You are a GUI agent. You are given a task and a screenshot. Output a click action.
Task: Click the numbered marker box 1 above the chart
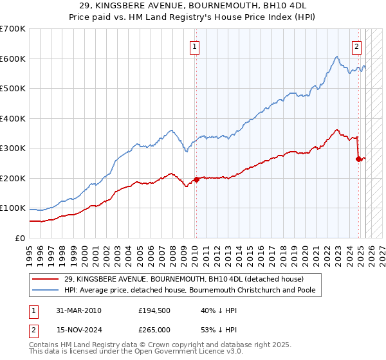[194, 46]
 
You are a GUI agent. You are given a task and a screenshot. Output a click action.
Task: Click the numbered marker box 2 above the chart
[356, 46]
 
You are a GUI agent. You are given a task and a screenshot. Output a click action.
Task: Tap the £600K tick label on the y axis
[13, 59]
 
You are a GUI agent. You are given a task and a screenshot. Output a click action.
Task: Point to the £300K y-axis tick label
[13, 148]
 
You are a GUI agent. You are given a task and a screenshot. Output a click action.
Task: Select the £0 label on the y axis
[21, 238]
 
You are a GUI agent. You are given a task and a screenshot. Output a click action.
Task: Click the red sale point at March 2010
[196, 179]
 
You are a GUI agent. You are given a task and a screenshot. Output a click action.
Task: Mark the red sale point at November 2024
[358, 159]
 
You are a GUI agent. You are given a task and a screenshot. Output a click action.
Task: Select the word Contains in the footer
[46, 345]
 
